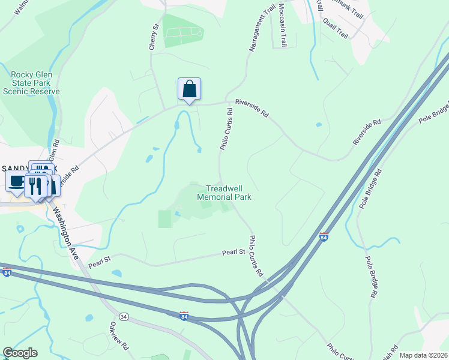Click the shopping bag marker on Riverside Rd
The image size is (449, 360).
189,89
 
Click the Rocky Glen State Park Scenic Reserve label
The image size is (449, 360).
31,83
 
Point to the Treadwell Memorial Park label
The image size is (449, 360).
224,192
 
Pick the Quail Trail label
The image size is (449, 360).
335,28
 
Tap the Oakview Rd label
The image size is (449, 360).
119,336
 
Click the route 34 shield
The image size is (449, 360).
124,316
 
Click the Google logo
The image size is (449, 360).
20,353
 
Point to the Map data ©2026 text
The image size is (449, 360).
423,355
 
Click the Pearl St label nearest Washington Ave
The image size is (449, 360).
100,261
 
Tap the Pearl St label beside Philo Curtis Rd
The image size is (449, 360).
235,253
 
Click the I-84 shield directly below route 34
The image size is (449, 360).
184,315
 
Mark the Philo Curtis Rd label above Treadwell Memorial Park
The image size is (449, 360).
226,129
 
